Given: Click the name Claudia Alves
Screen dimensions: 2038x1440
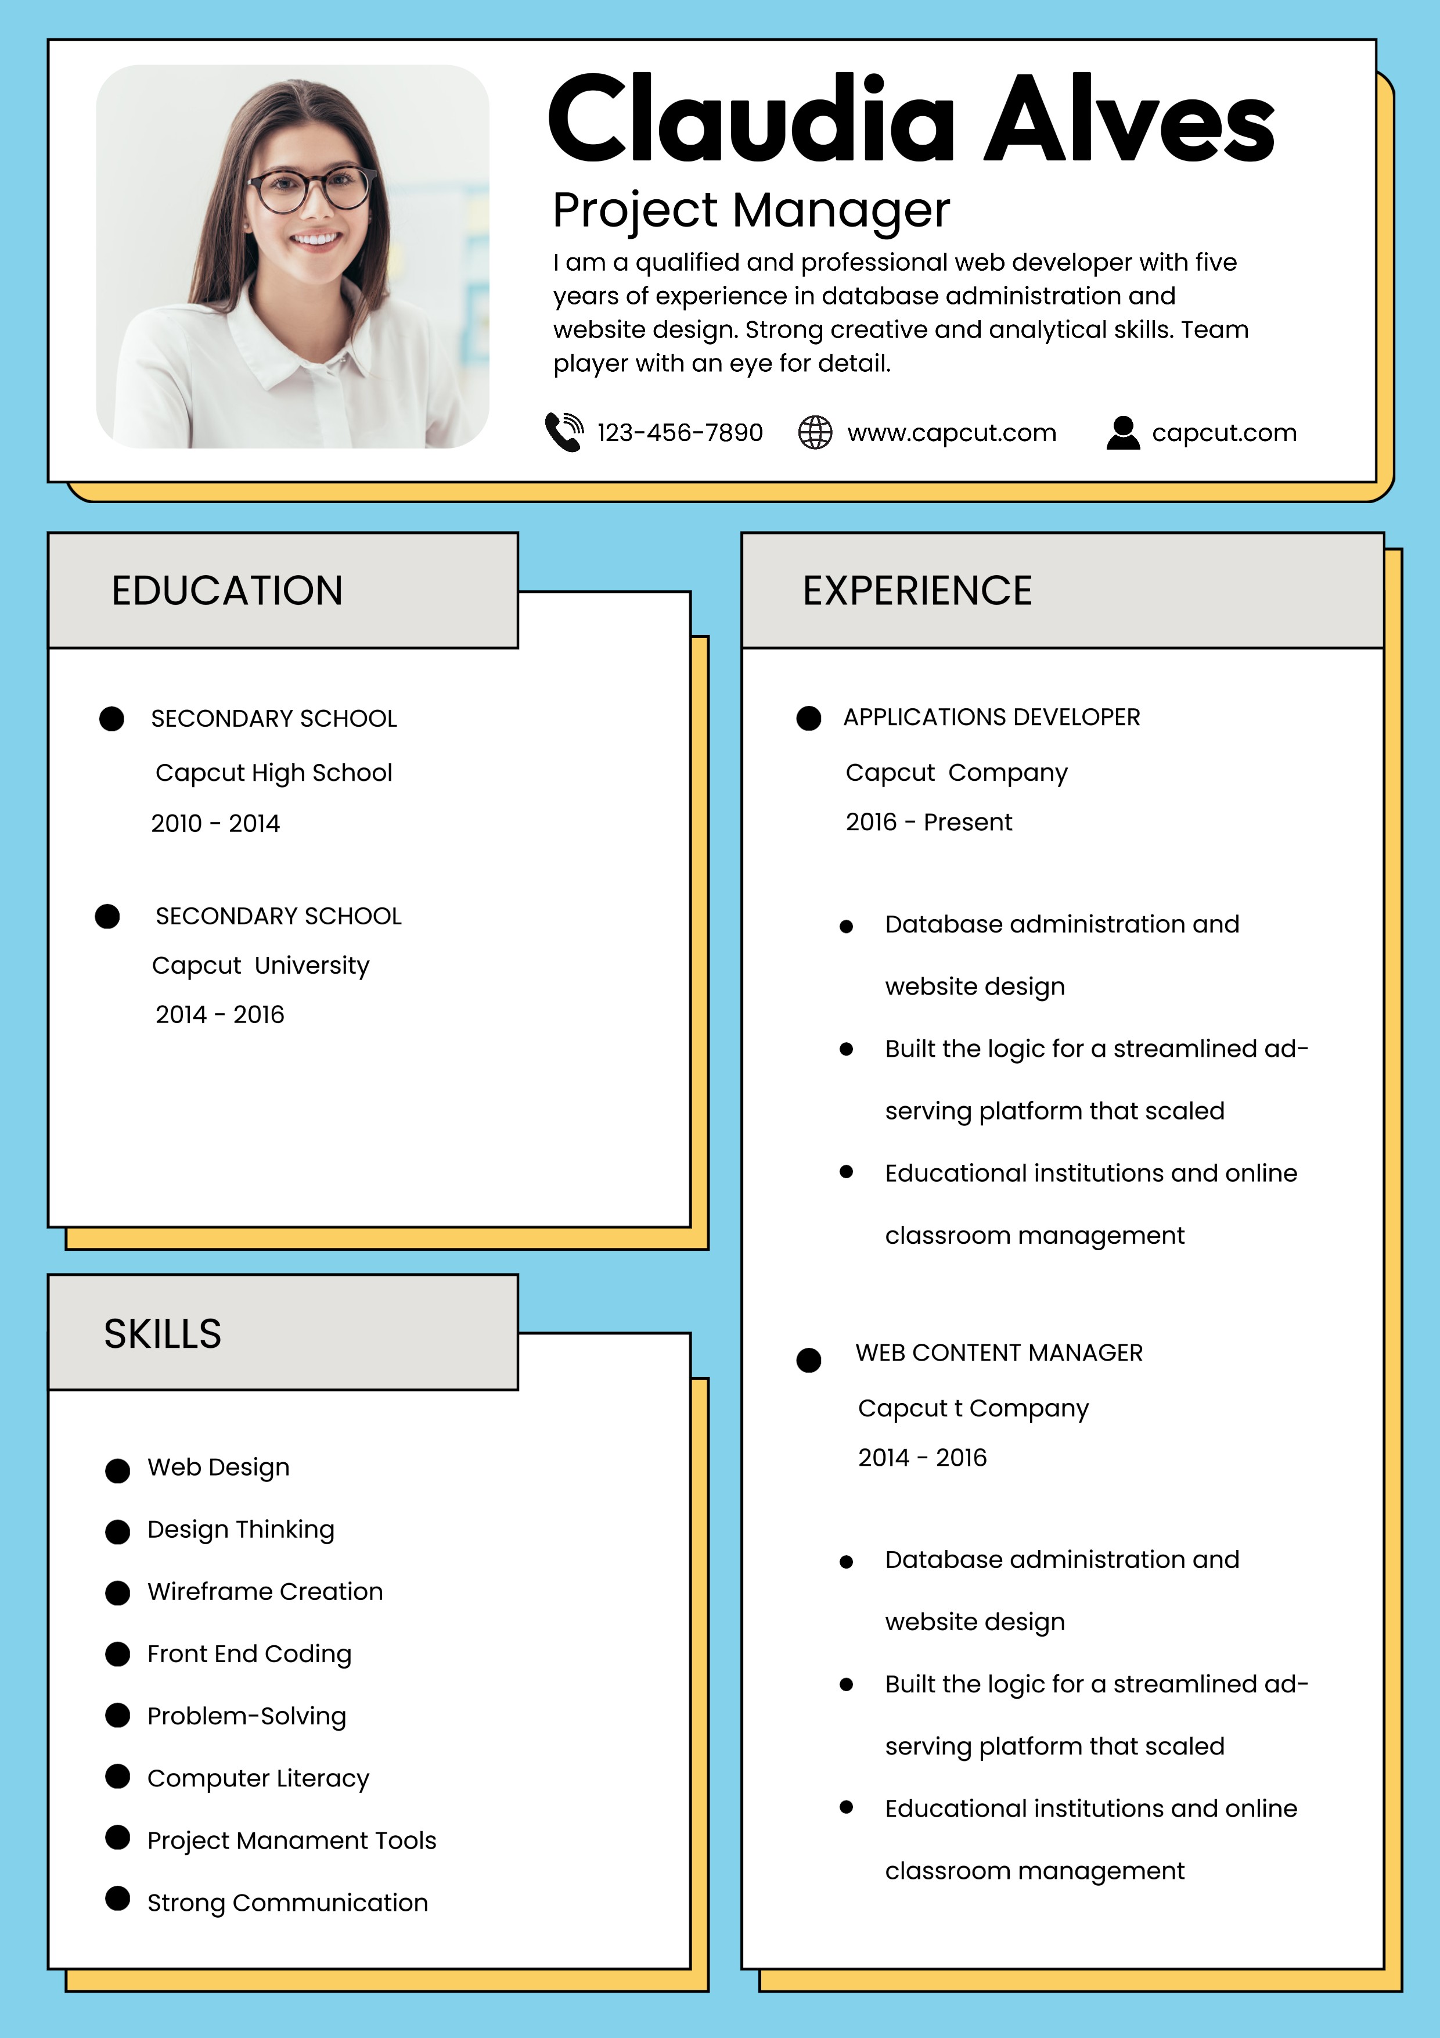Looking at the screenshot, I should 911,119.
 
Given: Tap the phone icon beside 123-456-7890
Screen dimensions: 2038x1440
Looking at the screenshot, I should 563,432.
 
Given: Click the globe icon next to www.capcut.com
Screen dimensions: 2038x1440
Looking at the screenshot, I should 815,432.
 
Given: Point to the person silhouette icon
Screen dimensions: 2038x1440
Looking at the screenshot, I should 1122,432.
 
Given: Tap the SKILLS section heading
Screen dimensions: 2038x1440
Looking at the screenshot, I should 163,1334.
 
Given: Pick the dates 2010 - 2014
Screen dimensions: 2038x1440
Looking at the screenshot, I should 215,824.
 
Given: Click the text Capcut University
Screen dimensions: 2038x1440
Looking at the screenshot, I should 260,966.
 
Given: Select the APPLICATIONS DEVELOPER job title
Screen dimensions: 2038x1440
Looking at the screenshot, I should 991,717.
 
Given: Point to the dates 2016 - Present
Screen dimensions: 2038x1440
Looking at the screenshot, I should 928,822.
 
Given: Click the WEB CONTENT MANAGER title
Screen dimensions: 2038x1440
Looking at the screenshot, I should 998,1352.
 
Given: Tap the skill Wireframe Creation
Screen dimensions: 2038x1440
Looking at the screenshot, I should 264,1591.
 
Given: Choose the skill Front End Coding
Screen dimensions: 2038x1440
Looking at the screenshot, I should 249,1653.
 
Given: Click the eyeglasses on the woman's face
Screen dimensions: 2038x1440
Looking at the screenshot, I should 311,189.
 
